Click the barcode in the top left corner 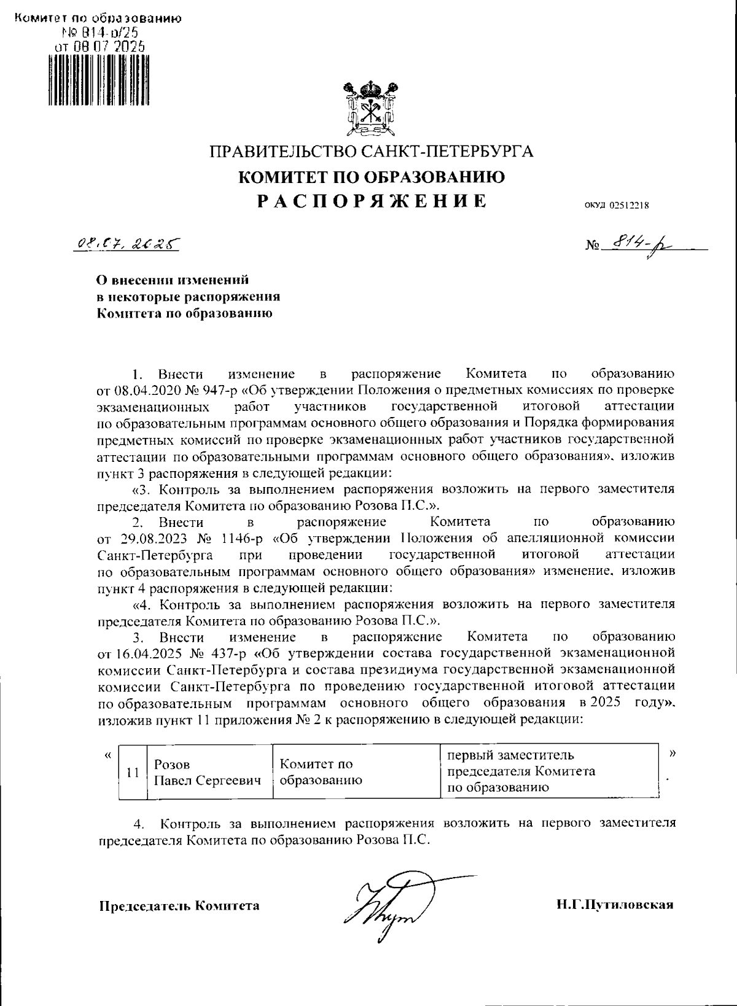[98, 80]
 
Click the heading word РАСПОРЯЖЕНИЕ [372, 201]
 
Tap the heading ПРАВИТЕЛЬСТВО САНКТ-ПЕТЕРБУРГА [372, 151]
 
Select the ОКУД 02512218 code [612, 206]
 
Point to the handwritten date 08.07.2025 [127, 244]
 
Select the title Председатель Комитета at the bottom [179, 906]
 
